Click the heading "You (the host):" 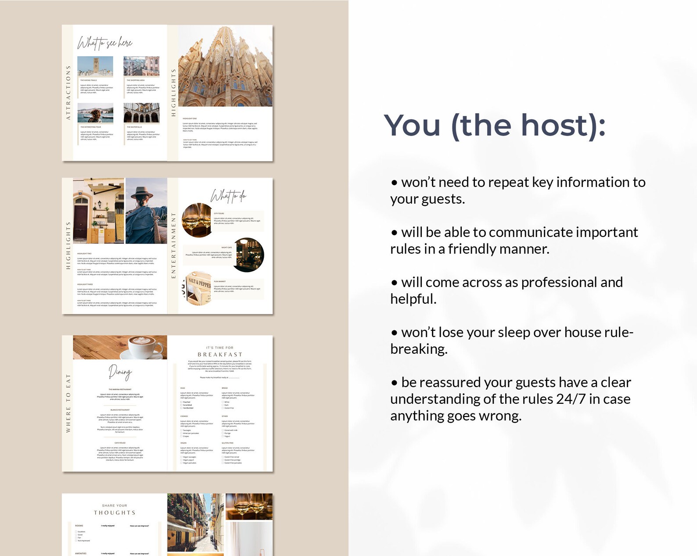tap(495, 126)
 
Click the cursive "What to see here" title tap(104, 43)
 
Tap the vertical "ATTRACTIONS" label tap(68, 93)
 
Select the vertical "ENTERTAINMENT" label tap(173, 245)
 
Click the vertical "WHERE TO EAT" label tap(68, 403)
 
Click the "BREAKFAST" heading tap(220, 355)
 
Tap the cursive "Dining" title tap(120, 373)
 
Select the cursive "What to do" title tap(228, 196)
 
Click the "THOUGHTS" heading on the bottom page tap(115, 513)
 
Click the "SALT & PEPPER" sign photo tap(198, 289)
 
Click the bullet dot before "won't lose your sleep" tap(395, 333)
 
